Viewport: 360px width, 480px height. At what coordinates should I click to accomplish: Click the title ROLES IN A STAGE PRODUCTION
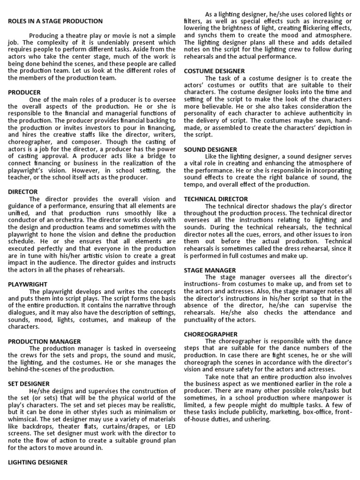tap(55, 21)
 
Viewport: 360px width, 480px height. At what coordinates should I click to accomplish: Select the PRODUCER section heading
tap(24, 92)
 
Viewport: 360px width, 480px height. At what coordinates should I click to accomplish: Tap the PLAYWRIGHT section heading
tap(28, 284)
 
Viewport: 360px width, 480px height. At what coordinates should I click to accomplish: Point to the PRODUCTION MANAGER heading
tap(44, 341)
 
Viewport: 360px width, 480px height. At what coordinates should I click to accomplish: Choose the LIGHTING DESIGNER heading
tap(38, 462)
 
